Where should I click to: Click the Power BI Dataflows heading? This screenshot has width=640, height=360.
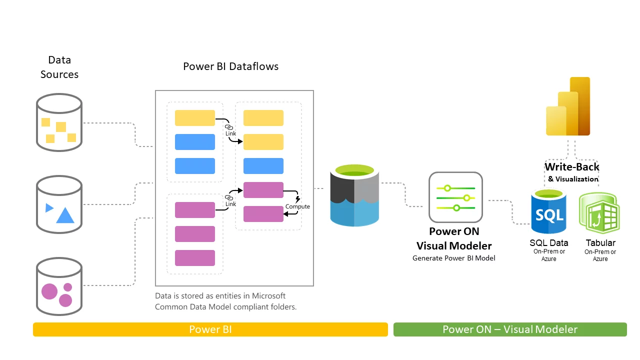pyautogui.click(x=230, y=66)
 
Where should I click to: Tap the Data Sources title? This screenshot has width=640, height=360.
pyautogui.click(x=59, y=67)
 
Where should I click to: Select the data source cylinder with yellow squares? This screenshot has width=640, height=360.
pyautogui.click(x=59, y=122)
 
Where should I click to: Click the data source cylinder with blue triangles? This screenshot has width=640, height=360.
pyautogui.click(x=59, y=204)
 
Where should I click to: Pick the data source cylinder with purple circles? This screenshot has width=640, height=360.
pyautogui.click(x=59, y=286)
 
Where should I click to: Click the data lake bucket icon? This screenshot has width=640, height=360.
pyautogui.click(x=354, y=197)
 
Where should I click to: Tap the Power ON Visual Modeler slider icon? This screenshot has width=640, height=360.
pyautogui.click(x=455, y=197)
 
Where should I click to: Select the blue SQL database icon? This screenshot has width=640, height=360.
pyautogui.click(x=549, y=212)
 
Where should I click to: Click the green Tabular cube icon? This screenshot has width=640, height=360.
pyautogui.click(x=599, y=213)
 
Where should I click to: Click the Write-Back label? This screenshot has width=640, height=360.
pyautogui.click(x=572, y=167)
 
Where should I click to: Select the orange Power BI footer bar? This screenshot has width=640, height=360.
pyautogui.click(x=210, y=329)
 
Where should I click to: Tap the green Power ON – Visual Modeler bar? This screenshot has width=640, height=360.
pyautogui.click(x=509, y=329)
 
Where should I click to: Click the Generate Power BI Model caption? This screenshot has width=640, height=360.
pyautogui.click(x=453, y=258)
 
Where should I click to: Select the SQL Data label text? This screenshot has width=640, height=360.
pyautogui.click(x=549, y=243)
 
